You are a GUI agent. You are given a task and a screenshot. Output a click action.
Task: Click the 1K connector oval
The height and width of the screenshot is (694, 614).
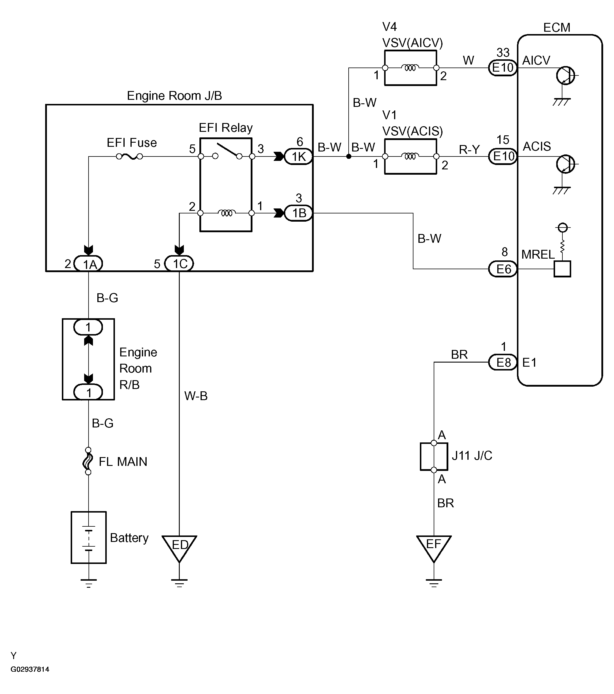tap(298, 156)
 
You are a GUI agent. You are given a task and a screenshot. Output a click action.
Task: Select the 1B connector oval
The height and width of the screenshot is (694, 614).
tap(298, 213)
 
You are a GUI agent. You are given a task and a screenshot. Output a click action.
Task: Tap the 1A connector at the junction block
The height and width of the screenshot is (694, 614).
tap(89, 263)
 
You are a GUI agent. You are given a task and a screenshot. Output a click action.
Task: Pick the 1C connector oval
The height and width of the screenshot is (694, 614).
tap(179, 263)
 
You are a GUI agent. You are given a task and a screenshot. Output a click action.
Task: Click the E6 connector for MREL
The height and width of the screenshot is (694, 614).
tap(503, 269)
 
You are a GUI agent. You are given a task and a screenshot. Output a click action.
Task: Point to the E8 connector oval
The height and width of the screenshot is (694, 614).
tap(503, 362)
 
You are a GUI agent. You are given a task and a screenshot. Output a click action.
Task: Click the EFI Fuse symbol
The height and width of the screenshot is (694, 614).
tap(129, 156)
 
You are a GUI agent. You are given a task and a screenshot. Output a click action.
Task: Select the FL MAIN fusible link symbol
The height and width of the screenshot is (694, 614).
tap(88, 461)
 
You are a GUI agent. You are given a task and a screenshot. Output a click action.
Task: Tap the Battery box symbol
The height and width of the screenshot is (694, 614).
tap(89, 538)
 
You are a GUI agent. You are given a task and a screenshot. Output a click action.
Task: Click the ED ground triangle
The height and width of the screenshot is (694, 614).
tap(179, 547)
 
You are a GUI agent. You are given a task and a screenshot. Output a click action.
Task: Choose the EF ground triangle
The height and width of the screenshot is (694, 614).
tap(434, 547)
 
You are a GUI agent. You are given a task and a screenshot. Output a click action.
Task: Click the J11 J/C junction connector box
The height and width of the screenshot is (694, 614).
tap(434, 456)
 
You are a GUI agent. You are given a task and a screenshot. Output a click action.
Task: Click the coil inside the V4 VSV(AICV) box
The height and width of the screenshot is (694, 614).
tap(410, 68)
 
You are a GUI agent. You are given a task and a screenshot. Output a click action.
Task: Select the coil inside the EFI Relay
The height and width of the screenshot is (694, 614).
tap(226, 213)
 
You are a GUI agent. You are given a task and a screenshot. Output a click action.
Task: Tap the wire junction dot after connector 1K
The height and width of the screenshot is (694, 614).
tap(349, 156)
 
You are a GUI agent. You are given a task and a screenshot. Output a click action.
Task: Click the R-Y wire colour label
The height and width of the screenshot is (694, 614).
tap(469, 149)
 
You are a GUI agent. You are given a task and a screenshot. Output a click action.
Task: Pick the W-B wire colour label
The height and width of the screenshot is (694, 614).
tap(196, 395)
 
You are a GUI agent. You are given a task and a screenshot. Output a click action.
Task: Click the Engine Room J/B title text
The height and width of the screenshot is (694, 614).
tap(174, 96)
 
